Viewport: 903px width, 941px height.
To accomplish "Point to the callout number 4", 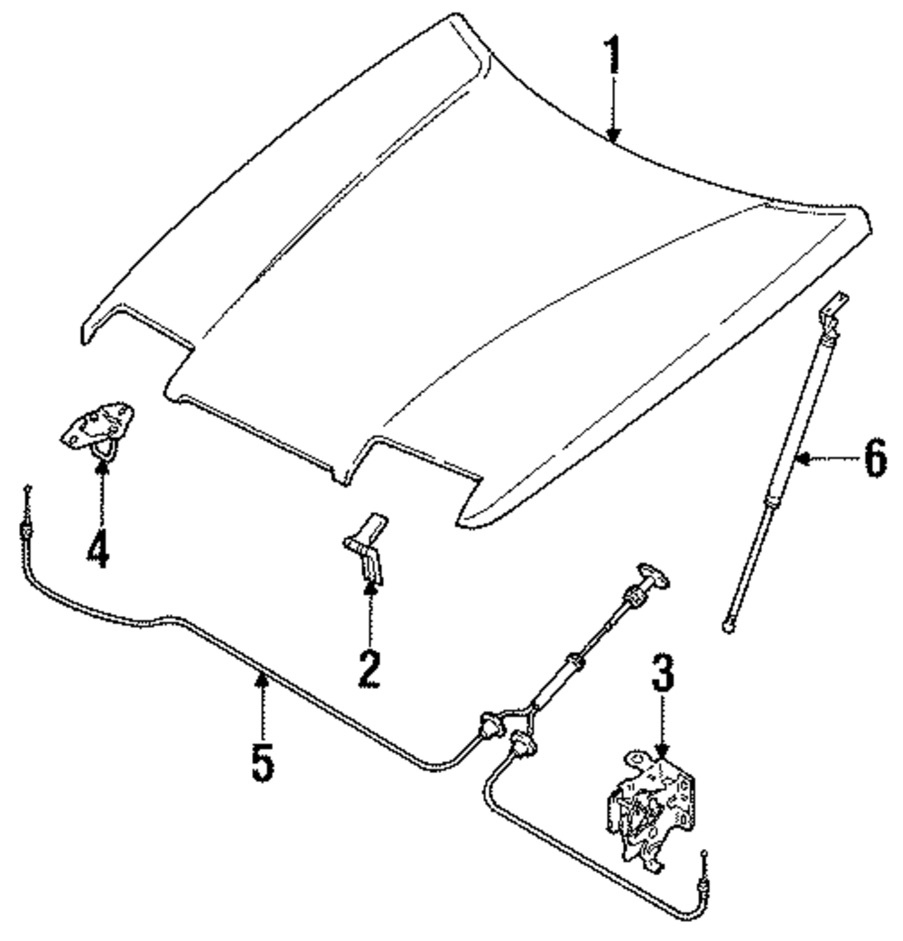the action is [99, 545].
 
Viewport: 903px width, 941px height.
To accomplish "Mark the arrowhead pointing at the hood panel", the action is [613, 135].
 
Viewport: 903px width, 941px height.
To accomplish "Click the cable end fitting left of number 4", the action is [29, 523].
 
